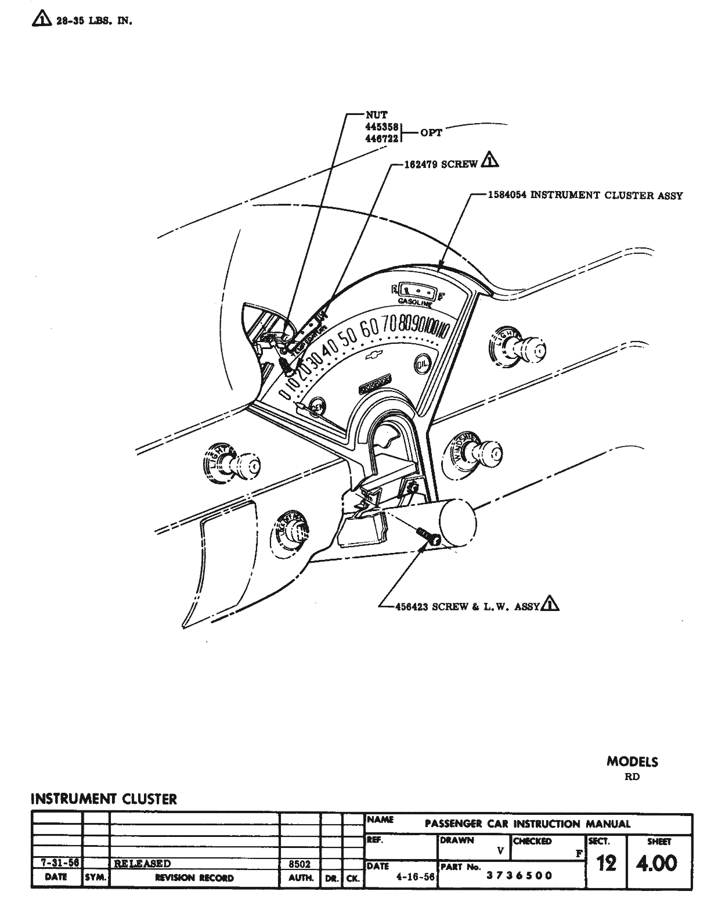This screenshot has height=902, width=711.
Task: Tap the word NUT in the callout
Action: [x=376, y=115]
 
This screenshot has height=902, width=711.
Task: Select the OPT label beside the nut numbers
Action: [x=431, y=133]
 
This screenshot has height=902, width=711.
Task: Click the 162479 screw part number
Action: [x=422, y=164]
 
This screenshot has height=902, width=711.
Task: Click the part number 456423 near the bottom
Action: [x=412, y=606]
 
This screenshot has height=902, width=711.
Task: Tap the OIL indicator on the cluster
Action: [x=422, y=364]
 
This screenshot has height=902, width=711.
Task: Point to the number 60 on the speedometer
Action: [x=369, y=329]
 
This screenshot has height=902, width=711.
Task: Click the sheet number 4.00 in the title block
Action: [x=656, y=863]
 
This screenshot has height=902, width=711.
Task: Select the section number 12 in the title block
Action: [x=606, y=863]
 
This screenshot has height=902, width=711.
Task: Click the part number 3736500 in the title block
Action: [x=519, y=875]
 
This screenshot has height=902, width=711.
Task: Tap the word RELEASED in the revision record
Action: [x=142, y=864]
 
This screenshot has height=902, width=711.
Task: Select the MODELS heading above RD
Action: [x=632, y=761]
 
